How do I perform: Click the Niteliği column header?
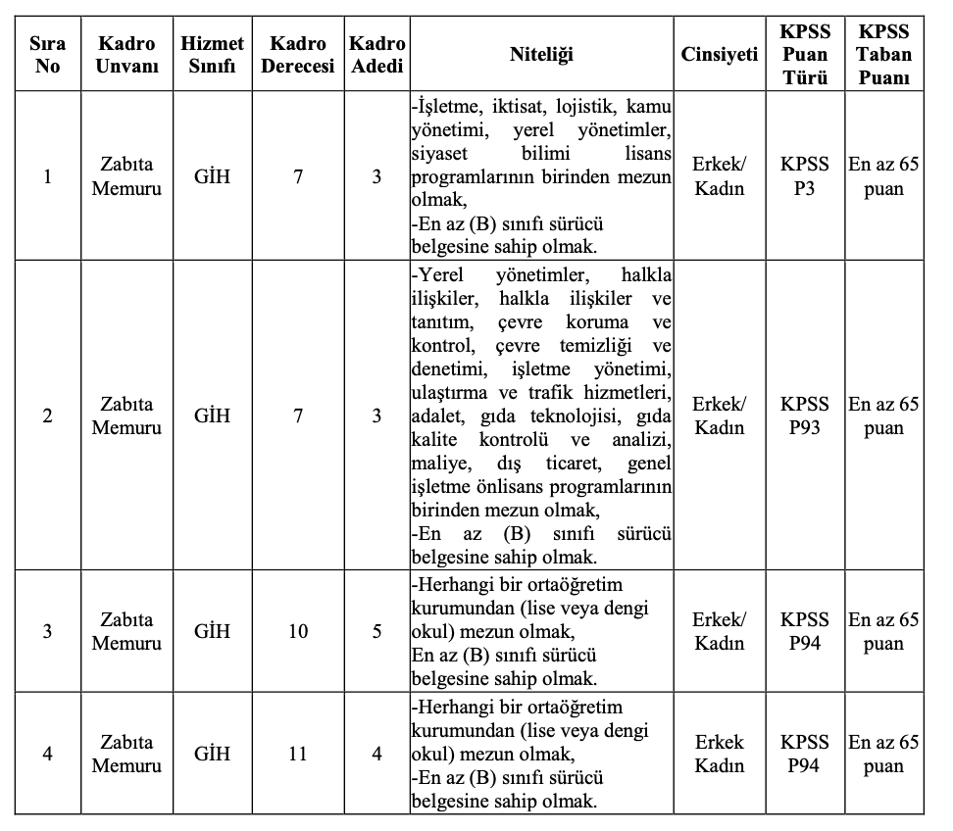[x=541, y=54]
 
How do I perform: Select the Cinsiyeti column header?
[x=720, y=54]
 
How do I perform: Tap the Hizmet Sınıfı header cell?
[x=212, y=54]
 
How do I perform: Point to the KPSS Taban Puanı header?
[x=883, y=54]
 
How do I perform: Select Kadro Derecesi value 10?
[x=298, y=632]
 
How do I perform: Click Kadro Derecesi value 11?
[x=298, y=755]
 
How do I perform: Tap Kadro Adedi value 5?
[x=376, y=632]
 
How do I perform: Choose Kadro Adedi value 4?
[x=376, y=755]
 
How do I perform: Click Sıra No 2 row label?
[x=47, y=415]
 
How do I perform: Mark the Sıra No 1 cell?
[x=47, y=176]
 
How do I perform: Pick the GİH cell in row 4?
[x=212, y=755]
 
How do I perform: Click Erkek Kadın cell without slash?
[x=720, y=755]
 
